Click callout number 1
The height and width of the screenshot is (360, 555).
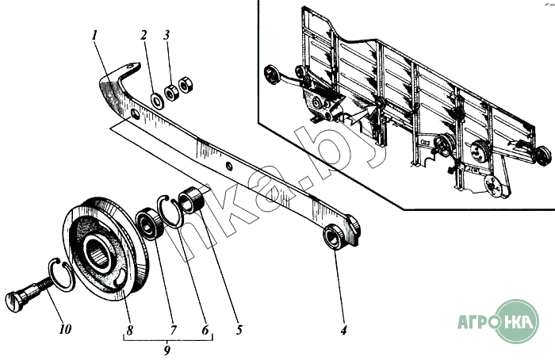pyautogui.click(x=94, y=36)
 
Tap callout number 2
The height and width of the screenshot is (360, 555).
pyautogui.click(x=144, y=36)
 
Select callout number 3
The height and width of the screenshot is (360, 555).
pyautogui.click(x=166, y=35)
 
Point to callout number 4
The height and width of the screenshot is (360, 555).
pyautogui.click(x=343, y=331)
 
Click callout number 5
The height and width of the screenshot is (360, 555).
pyautogui.click(x=239, y=330)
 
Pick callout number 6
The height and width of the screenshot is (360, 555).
pyautogui.click(x=205, y=331)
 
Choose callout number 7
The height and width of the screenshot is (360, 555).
pyautogui.click(x=173, y=331)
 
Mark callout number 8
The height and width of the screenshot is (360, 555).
pyautogui.click(x=129, y=331)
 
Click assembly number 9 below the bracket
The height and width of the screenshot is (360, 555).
pyautogui.click(x=167, y=350)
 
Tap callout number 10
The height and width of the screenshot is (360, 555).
pyautogui.click(x=65, y=329)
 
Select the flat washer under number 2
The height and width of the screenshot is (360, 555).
pyautogui.click(x=157, y=101)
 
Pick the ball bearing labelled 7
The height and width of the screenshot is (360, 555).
pyautogui.click(x=150, y=224)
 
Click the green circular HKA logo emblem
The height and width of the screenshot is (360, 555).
pyautogui.click(x=516, y=321)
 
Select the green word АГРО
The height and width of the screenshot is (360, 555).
pyautogui.click(x=476, y=321)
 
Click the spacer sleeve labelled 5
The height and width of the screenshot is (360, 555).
pyautogui.click(x=191, y=199)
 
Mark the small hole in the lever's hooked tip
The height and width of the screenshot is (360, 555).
pyautogui.click(x=132, y=66)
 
